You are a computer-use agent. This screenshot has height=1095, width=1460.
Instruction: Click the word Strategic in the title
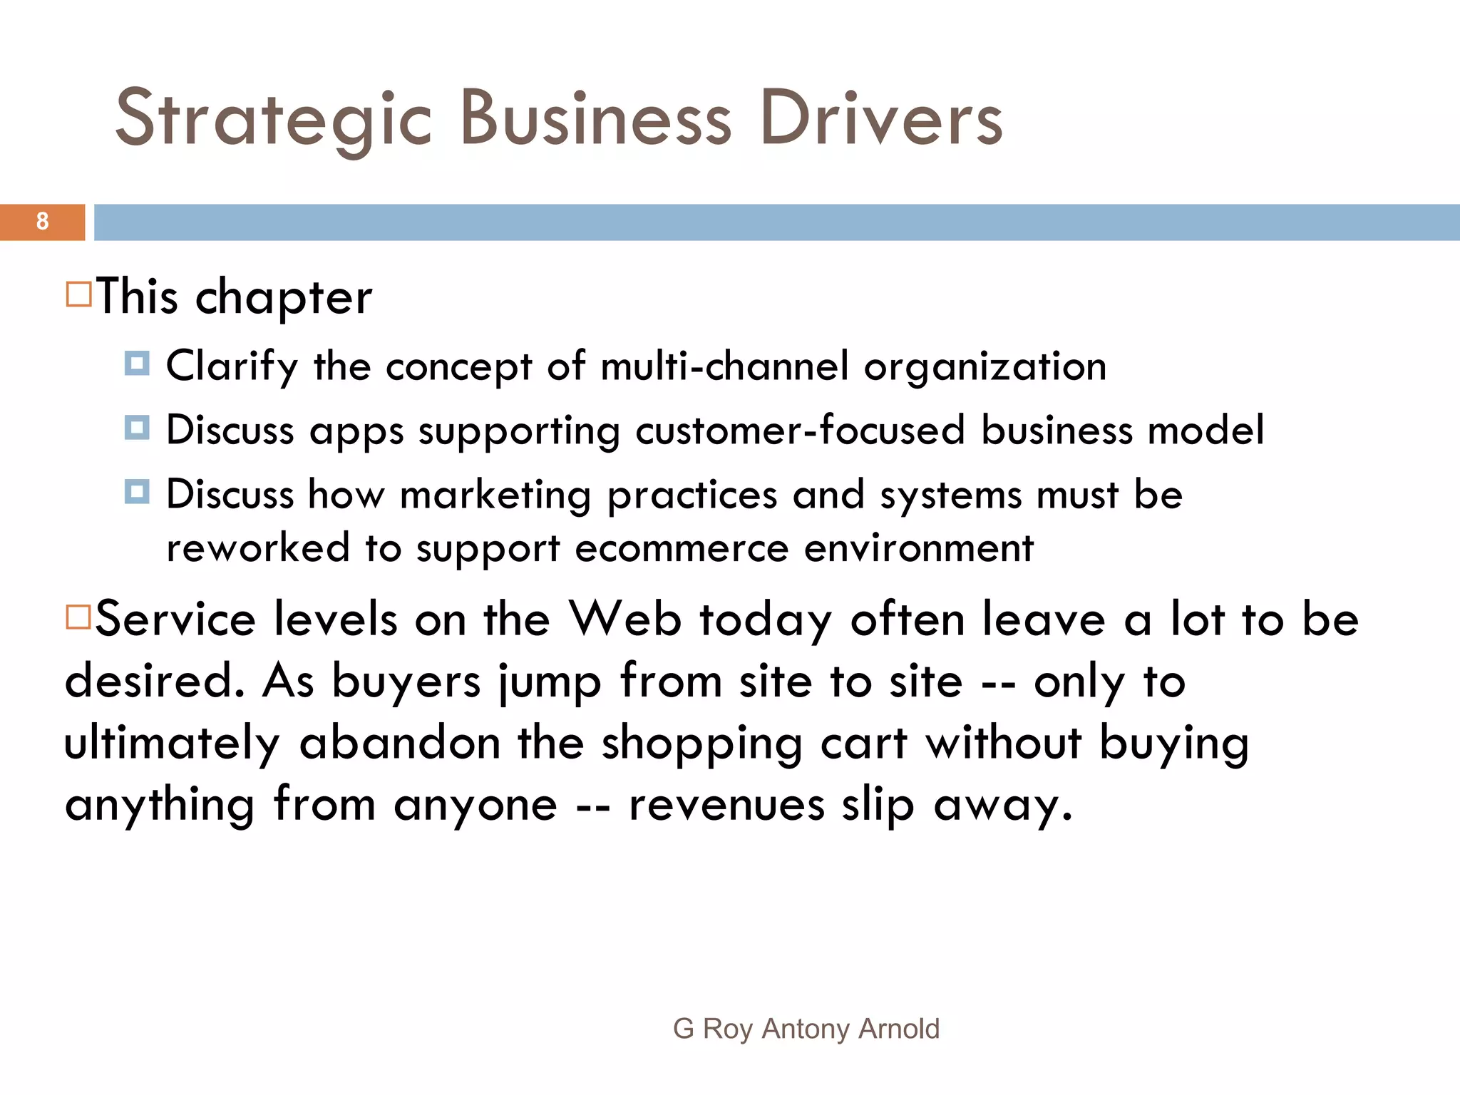(x=274, y=119)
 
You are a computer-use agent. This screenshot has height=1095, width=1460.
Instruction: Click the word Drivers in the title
(x=881, y=119)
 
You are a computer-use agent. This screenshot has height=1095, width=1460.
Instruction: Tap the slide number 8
(x=42, y=222)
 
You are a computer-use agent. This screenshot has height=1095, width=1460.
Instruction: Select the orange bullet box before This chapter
(x=78, y=294)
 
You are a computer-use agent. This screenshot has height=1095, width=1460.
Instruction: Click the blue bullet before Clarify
(x=136, y=363)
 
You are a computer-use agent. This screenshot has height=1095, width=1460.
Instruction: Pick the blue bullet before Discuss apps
(x=136, y=428)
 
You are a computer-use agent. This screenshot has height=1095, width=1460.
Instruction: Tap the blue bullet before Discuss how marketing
(x=136, y=492)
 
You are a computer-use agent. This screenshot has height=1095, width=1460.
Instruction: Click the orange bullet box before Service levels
(x=78, y=617)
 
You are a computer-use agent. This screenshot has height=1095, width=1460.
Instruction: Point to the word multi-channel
(x=724, y=366)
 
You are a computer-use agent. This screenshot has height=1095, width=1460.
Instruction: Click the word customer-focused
(x=800, y=431)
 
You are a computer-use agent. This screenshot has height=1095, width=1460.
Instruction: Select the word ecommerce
(x=682, y=549)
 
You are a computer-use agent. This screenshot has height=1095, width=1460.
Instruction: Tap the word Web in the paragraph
(x=625, y=619)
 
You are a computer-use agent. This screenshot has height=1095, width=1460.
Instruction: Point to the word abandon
(x=400, y=743)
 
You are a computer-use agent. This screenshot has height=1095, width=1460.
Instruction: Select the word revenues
(x=726, y=806)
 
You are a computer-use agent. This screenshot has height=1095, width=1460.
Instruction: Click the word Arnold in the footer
(x=899, y=1029)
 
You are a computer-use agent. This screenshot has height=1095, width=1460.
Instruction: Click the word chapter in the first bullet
(x=284, y=297)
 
